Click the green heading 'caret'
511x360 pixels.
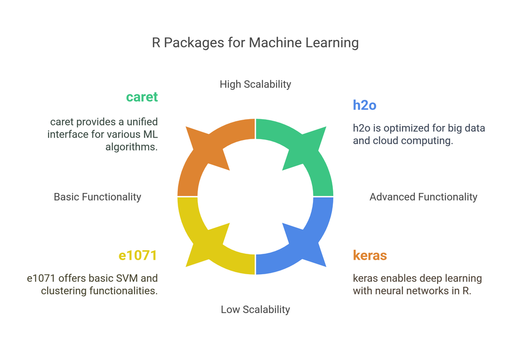click(x=142, y=97)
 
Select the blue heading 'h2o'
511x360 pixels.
click(x=364, y=105)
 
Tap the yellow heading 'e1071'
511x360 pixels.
click(x=138, y=256)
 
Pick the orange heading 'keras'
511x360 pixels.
click(x=370, y=256)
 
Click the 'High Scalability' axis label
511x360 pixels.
click(x=255, y=84)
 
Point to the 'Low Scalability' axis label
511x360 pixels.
click(x=255, y=310)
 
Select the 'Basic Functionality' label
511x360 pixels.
click(x=97, y=197)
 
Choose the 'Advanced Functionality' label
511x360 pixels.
click(x=423, y=197)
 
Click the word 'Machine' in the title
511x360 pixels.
click(x=273, y=43)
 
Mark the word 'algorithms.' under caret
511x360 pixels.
click(x=132, y=147)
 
